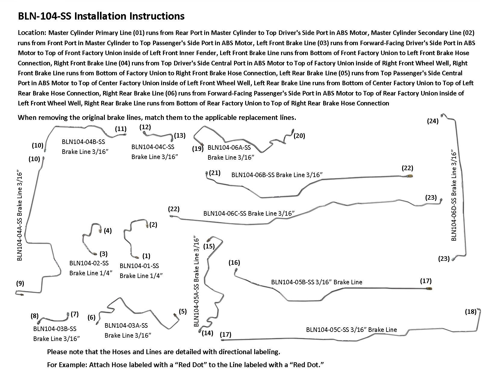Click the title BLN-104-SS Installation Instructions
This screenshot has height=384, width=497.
pyautogui.click(x=101, y=16)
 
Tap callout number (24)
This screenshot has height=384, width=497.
pyautogui.click(x=433, y=121)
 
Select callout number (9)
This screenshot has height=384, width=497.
pyautogui.click(x=20, y=283)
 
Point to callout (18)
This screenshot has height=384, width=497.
pyautogui.click(x=470, y=311)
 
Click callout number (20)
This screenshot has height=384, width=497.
pyautogui.click(x=299, y=136)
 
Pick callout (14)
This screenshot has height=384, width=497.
pyautogui.click(x=208, y=333)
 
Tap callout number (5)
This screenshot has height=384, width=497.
pyautogui.click(x=183, y=311)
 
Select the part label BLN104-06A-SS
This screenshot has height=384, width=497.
pyautogui.click(x=229, y=148)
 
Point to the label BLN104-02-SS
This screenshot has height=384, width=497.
pyautogui.click(x=89, y=263)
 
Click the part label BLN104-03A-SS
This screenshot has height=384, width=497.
pyautogui.click(x=126, y=325)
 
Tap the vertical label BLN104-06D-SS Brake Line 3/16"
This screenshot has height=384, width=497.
pyautogui.click(x=454, y=196)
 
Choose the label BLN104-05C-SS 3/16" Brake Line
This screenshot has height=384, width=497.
pyautogui.click(x=351, y=329)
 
